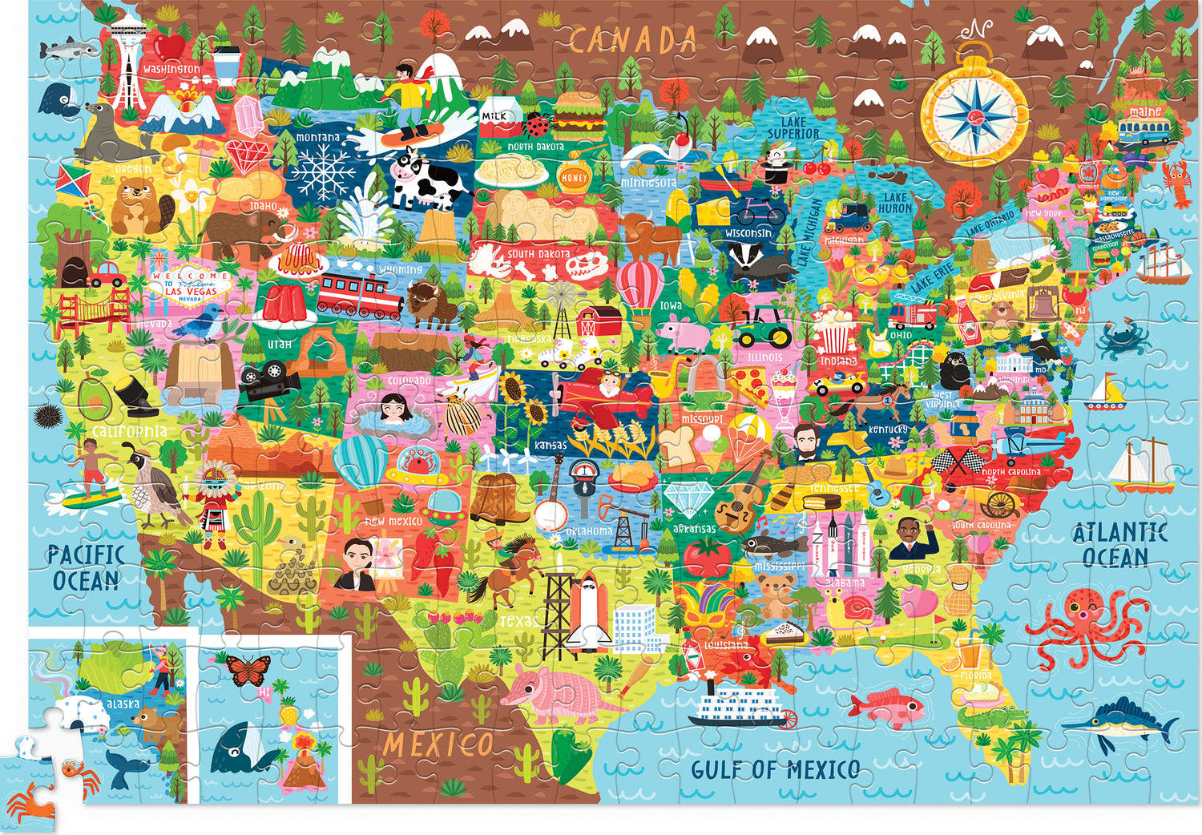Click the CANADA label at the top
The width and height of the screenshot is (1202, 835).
(633, 39)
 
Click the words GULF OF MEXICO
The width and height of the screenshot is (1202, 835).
(775, 770)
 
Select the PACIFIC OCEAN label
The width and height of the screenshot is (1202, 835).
(86, 567)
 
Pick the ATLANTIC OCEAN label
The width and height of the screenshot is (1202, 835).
(1119, 545)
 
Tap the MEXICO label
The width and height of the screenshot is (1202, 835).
(438, 744)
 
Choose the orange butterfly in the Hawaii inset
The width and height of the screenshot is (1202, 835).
(249, 670)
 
